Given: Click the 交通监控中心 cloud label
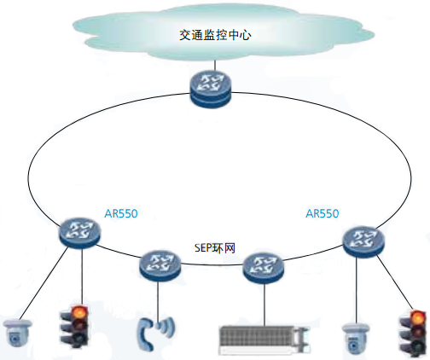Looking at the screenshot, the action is [215, 35].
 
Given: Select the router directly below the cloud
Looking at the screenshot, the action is [211, 89].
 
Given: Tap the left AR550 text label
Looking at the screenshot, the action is [121, 213].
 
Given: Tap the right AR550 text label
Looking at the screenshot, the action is [322, 213].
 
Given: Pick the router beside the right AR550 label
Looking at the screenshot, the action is [364, 241].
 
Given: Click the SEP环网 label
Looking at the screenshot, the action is [215, 248].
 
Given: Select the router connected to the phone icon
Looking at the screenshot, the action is [160, 266].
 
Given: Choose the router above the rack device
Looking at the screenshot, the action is [264, 269].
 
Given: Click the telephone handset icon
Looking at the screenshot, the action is [146, 334].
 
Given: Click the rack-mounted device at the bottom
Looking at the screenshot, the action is [264, 340].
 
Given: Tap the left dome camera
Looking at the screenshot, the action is [17, 334].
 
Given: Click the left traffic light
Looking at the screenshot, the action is [74, 327].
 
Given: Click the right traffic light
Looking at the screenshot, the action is [414, 334].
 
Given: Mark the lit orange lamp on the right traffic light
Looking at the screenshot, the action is [417, 317].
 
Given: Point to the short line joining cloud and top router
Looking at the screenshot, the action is [215, 66].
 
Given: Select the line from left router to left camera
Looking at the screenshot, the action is [44, 283].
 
